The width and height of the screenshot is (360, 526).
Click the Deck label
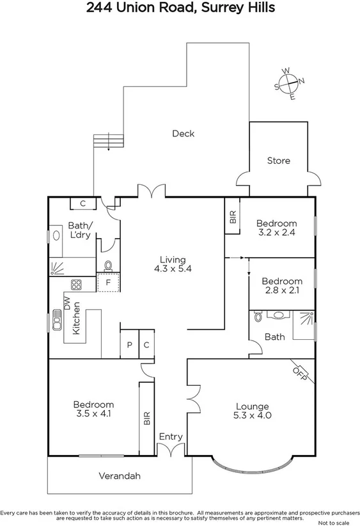(x=183, y=134)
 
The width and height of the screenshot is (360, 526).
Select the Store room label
(x=278, y=161)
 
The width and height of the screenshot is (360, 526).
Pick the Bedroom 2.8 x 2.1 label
(x=281, y=286)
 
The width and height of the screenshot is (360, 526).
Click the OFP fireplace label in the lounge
(x=299, y=372)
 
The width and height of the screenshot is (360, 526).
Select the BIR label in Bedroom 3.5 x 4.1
(x=146, y=419)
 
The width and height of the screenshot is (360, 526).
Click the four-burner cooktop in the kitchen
(x=76, y=285)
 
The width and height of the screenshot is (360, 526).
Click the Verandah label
(x=119, y=476)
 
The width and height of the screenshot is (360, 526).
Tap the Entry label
(x=171, y=437)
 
